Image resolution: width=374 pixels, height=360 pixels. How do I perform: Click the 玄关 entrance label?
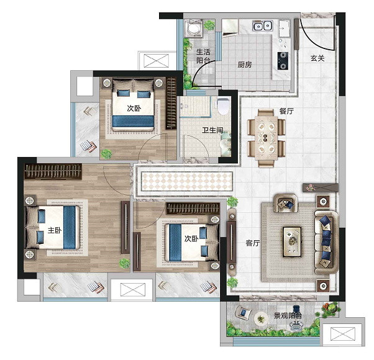[x=317, y=58]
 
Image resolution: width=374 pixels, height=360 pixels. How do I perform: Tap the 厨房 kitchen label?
[x=245, y=65]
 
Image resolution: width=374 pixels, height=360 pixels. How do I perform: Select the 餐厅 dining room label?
[x=286, y=111]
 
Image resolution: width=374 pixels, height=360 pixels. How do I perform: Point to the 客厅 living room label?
[x=253, y=243]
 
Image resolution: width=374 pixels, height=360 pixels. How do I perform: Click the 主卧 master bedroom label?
[x=55, y=230]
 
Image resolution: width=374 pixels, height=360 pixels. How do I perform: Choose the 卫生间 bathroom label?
[x=212, y=130]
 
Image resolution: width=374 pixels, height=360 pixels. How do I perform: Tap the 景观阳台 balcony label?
[x=288, y=316]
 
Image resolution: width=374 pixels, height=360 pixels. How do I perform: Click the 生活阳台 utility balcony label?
[x=203, y=56]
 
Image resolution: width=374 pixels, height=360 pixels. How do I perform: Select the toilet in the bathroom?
[x=224, y=106]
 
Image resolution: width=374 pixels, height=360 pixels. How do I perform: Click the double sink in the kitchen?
[x=262, y=25]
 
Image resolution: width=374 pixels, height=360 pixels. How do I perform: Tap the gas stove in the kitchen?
[x=283, y=61]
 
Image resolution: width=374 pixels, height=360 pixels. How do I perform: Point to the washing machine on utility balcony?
[x=193, y=29]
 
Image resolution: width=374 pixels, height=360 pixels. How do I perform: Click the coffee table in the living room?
[x=292, y=242]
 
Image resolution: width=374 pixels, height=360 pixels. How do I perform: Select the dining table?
[x=266, y=138]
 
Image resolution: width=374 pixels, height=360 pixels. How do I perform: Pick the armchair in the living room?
[x=286, y=203]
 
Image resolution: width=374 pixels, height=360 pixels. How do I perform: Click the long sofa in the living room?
[x=327, y=242]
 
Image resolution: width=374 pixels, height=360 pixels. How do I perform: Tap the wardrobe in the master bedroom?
[x=53, y=171]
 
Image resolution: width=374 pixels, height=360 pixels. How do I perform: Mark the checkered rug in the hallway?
[x=187, y=181]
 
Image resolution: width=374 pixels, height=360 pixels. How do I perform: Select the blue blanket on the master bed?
[x=70, y=228]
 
